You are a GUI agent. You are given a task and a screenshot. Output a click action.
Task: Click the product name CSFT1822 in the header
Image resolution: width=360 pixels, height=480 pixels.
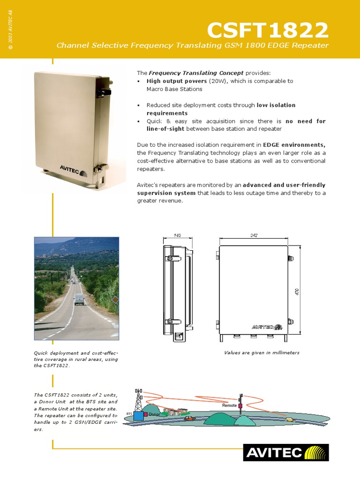pyautogui.click(x=268, y=31)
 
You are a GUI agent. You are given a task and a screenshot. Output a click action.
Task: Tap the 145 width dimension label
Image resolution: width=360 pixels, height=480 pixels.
pyautogui.click(x=177, y=235)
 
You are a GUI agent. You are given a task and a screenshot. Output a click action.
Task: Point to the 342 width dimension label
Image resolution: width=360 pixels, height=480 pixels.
pyautogui.click(x=254, y=235)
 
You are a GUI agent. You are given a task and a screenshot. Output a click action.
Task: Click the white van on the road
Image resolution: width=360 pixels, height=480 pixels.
pyautogui.click(x=80, y=300)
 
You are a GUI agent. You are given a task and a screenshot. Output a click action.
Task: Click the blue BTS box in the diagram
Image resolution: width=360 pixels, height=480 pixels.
pyautogui.click(x=139, y=415)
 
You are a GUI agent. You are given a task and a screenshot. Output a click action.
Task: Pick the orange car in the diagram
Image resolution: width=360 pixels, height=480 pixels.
pyautogui.click(x=189, y=418)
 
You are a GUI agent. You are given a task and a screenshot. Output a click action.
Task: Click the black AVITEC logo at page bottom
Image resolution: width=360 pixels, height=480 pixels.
pyautogui.click(x=285, y=453)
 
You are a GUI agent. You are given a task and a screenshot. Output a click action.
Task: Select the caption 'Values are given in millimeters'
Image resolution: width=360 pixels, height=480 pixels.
pyautogui.click(x=262, y=352)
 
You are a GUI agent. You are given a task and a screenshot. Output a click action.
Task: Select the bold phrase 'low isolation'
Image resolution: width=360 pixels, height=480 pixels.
pyautogui.click(x=276, y=105)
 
